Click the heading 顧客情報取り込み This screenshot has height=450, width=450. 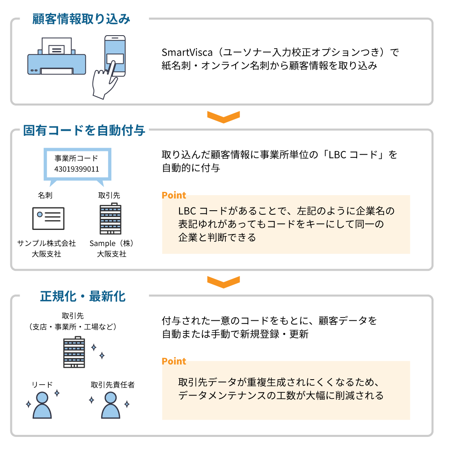click(81, 19)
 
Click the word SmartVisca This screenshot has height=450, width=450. click(187, 52)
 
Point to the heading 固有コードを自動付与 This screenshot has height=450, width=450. click(84, 130)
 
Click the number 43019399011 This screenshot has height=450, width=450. click(77, 169)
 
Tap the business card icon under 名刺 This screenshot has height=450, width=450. click(48, 218)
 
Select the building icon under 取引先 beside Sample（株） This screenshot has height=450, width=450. click(110, 219)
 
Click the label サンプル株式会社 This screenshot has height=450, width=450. click(47, 243)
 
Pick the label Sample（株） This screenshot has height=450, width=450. click(112, 243)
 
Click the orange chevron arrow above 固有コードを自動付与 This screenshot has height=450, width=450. click(223, 117)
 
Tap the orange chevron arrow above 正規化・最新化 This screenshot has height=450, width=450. click(223, 282)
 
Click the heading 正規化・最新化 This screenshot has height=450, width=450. click(83, 296)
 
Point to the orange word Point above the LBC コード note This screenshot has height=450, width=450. click(174, 196)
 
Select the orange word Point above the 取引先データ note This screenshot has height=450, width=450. click(174, 361)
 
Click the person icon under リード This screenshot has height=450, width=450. click(42, 405)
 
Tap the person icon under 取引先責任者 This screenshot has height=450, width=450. click(110, 405)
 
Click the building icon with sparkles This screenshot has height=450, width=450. click(74, 352)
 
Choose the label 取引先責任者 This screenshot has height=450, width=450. click(112, 385)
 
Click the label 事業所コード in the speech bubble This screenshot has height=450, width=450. click(76, 158)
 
